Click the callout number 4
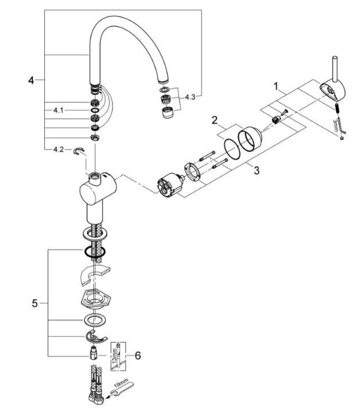[31, 81]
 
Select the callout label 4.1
[59, 111]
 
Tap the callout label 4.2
[59, 149]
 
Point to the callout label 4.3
[190, 97]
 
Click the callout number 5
[34, 303]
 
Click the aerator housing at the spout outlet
[166, 113]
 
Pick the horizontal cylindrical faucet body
[95, 188]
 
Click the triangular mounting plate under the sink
[96, 299]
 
